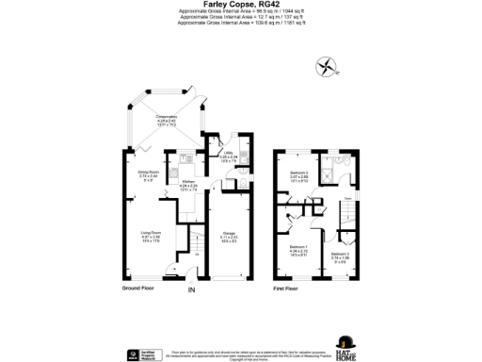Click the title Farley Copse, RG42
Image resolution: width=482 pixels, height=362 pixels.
[240, 5]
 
